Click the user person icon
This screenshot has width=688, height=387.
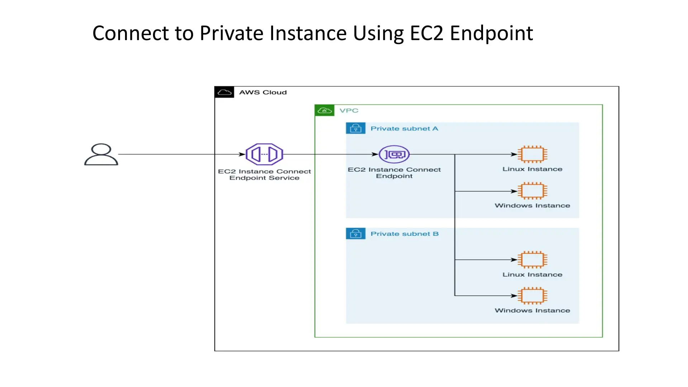pos(101,154)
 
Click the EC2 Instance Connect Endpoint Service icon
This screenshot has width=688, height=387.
pos(264,154)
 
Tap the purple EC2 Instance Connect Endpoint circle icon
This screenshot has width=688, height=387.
pos(394,154)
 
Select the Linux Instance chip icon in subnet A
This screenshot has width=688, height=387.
pos(532,154)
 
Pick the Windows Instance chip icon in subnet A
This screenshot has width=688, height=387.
pos(532,191)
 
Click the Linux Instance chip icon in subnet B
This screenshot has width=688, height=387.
pos(532,259)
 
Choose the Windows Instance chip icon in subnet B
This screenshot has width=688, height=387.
pos(532,296)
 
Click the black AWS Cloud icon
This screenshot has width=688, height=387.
pos(224,92)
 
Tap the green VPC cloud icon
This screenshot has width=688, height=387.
pos(324,110)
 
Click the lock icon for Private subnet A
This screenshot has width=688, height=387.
pos(355,128)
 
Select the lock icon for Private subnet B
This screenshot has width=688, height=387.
pos(355,234)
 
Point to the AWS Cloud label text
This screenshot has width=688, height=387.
pos(263,92)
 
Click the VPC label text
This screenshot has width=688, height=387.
pos(349,110)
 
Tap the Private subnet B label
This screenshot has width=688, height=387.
pos(404,234)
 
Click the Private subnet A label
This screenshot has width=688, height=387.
pos(404,128)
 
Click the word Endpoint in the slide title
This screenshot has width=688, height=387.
pos(491,33)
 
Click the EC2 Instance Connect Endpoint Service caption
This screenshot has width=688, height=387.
pos(264,175)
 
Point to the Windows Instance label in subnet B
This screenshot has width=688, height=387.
pos(532,310)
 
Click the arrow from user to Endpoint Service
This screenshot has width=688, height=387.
pos(179,154)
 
